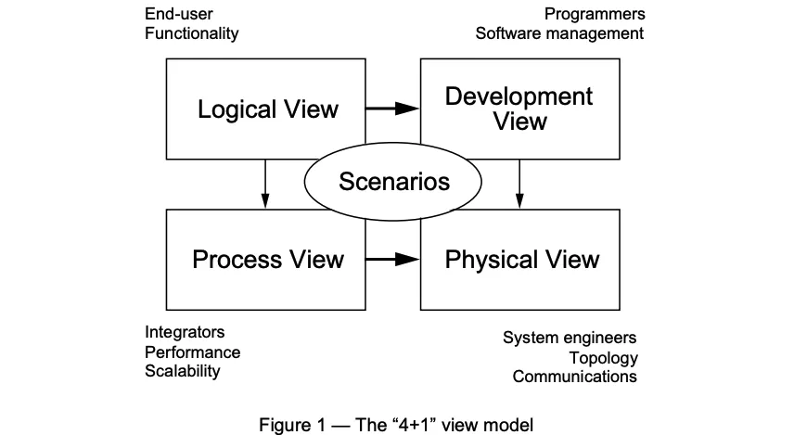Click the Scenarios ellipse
point(394,180)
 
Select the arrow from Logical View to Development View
point(392,109)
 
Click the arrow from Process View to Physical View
point(392,259)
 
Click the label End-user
point(177,14)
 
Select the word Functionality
point(191,33)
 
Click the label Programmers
point(595,14)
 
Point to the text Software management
point(559,33)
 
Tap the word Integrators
point(185,332)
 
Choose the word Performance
point(192,352)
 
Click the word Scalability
point(183,371)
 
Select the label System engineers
point(570,338)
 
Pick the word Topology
point(604,358)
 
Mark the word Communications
point(574,377)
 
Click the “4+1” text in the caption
point(409,426)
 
